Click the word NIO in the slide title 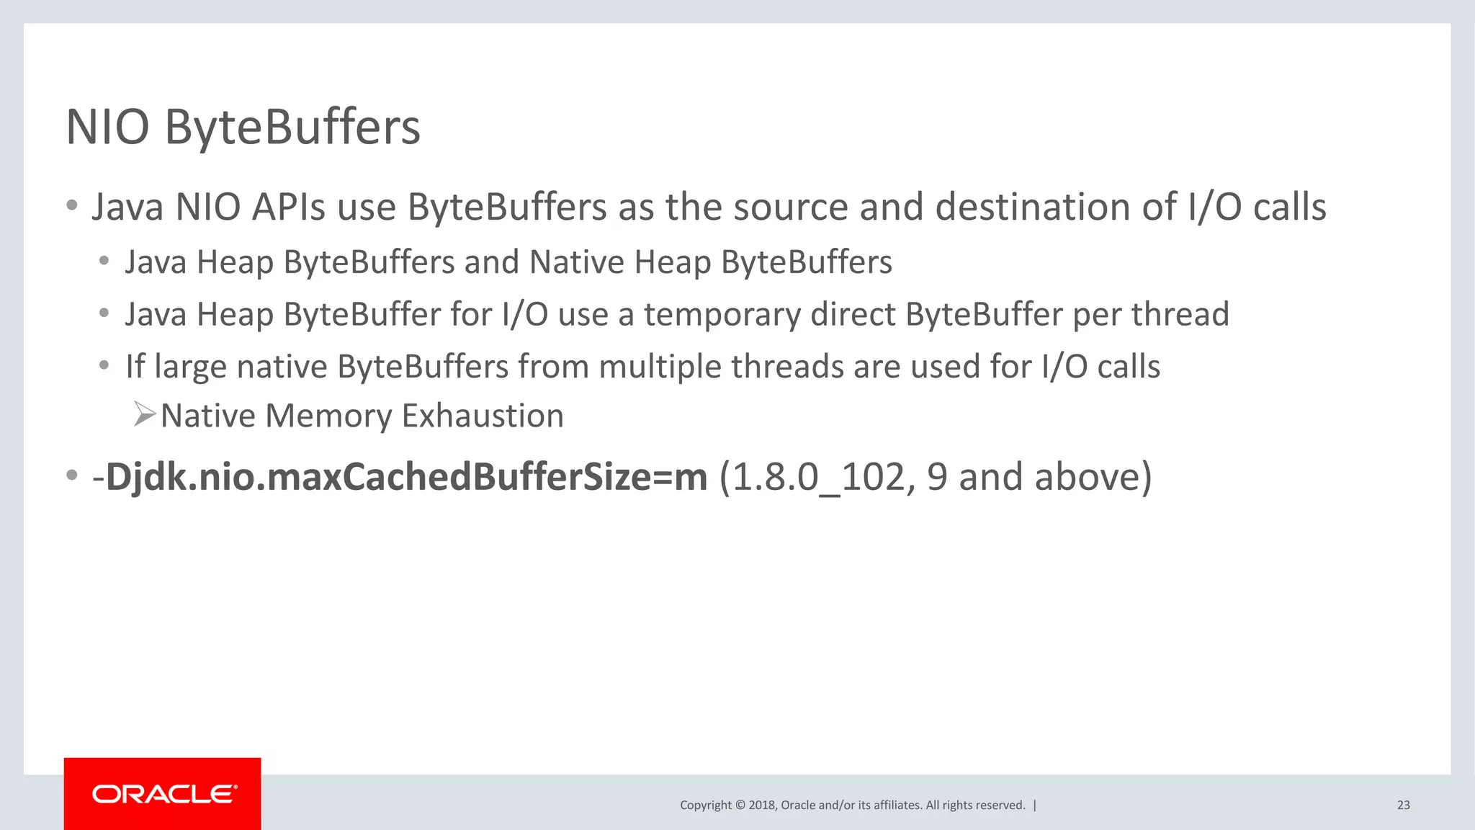coord(107,128)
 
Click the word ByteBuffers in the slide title coord(292,128)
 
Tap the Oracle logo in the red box coord(163,794)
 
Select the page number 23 coord(1403,805)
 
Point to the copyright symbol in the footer coord(740,805)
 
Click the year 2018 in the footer coord(761,805)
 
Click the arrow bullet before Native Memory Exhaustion coord(144,415)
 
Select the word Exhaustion coord(483,416)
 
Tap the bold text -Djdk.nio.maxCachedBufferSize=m coord(400,477)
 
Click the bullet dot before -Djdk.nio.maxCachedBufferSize coord(71,476)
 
